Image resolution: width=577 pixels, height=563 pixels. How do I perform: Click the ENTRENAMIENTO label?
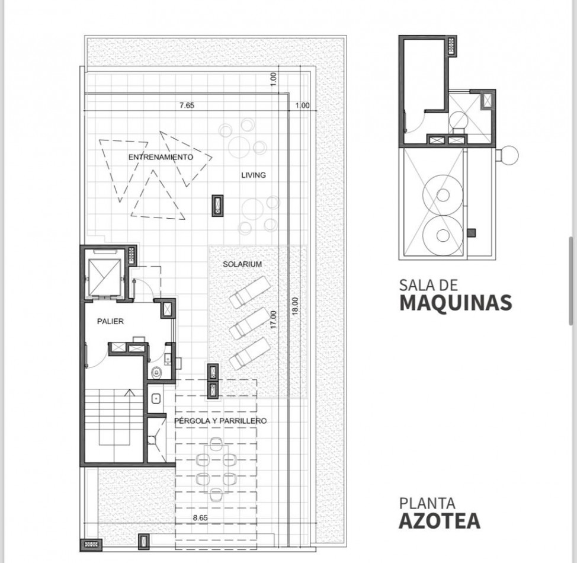point(161,158)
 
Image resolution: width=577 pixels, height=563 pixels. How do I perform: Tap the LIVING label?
point(253,175)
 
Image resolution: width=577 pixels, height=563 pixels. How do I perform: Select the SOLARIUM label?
point(242,264)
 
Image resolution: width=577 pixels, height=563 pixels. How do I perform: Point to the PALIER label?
point(110,322)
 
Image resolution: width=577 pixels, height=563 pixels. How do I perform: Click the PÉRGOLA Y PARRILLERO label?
point(220,421)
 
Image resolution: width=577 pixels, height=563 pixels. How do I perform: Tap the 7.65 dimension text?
point(187,105)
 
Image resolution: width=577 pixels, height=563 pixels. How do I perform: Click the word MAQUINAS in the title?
point(455,302)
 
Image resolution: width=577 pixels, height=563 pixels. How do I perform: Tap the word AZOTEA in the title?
point(439,521)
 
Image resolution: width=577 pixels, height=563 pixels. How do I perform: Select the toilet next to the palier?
point(156,372)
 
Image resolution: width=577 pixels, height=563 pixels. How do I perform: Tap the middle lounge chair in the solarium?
point(249,323)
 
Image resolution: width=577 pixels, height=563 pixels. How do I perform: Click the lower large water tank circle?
point(443,235)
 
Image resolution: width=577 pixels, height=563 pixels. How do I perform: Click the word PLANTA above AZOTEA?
point(427,504)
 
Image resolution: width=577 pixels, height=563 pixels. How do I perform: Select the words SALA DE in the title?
point(429,285)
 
